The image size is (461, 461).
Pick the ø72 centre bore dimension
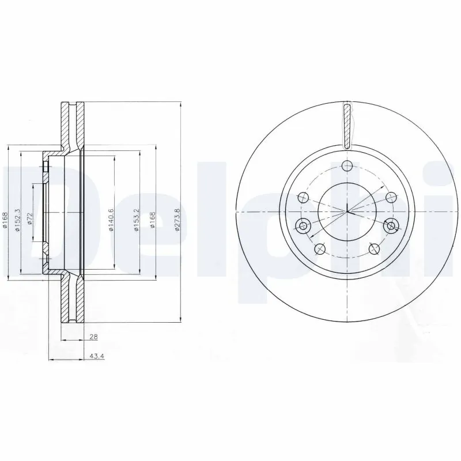tap(30, 219)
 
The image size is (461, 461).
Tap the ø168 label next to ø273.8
tap(152, 220)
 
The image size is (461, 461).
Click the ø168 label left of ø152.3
tap(4, 222)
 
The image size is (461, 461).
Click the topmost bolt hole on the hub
tap(346, 166)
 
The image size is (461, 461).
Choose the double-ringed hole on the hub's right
tap(391, 225)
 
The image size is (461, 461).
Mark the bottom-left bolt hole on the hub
tap(321, 248)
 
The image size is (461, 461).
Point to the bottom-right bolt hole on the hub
tap(373, 248)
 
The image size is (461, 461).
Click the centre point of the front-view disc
tap(347, 212)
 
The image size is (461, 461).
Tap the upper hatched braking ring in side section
tap(72, 124)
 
